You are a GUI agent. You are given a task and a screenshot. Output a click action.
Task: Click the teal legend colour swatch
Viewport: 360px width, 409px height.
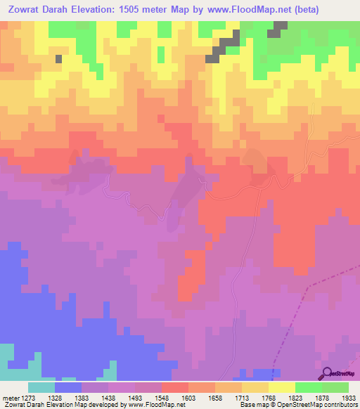click(41, 387)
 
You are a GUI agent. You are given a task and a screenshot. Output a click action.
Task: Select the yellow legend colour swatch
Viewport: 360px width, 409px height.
click(281, 387)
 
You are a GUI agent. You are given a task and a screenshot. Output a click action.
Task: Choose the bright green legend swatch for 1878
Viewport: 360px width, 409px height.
click(308, 387)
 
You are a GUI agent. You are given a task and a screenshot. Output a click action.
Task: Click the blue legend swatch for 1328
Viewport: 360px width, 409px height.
click(68, 387)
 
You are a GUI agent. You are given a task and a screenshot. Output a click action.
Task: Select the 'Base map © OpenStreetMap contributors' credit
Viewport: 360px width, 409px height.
click(297, 404)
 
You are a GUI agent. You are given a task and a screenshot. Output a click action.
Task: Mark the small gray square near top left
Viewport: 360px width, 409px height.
click(58, 58)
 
